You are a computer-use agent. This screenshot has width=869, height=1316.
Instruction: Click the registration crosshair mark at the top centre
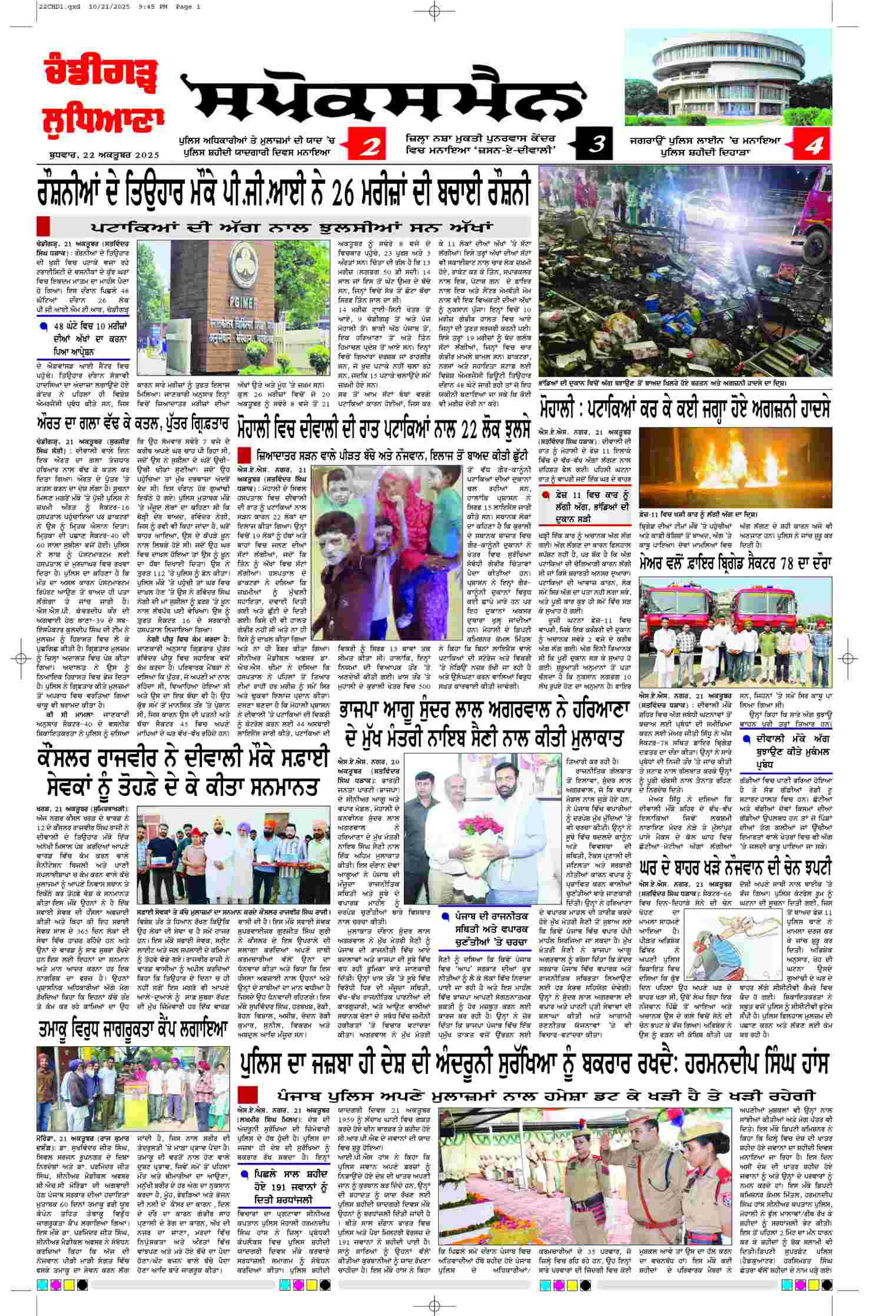434,11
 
